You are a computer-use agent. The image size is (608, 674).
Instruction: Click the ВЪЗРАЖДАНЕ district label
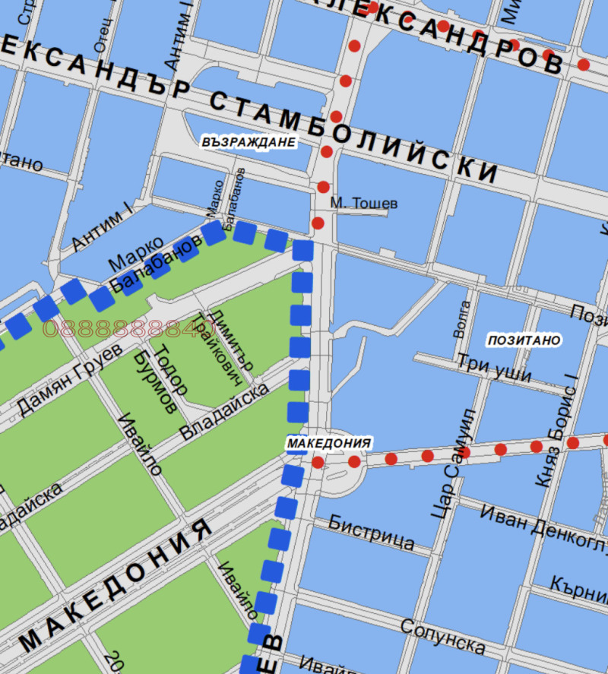click(x=249, y=141)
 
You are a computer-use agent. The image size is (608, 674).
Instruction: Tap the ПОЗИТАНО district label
click(x=524, y=340)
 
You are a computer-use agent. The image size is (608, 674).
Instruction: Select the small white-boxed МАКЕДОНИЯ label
click(x=329, y=443)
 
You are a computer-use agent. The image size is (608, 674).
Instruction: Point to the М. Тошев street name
click(x=363, y=204)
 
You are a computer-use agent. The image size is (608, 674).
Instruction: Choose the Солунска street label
click(x=442, y=637)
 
